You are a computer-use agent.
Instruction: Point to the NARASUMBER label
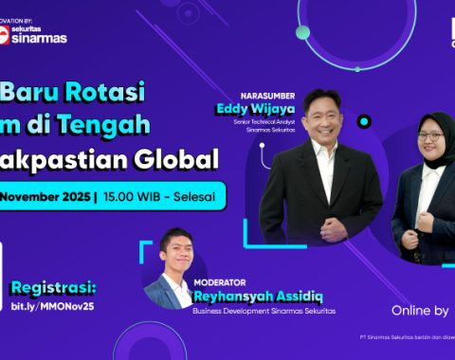click(268, 96)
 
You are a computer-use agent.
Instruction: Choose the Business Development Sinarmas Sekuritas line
click(264, 310)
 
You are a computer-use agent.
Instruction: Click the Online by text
click(420, 310)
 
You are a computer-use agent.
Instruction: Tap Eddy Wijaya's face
click(322, 115)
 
